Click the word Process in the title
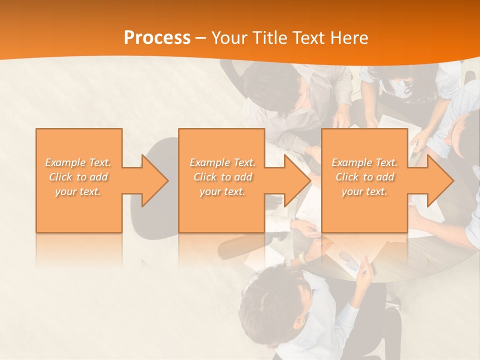(157, 38)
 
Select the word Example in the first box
(64, 162)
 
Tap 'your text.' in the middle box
(222, 191)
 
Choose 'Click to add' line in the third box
(364, 177)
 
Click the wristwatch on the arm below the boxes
(302, 257)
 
